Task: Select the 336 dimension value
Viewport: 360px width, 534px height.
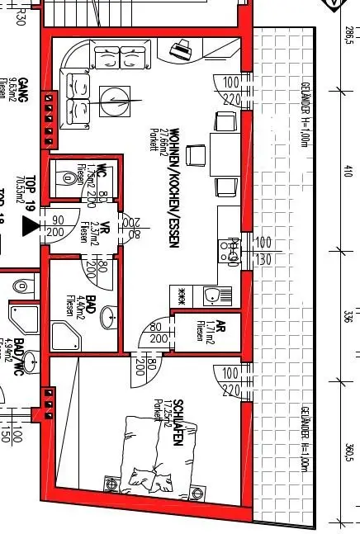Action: point(348,318)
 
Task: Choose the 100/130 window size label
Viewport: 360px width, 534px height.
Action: point(263,250)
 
